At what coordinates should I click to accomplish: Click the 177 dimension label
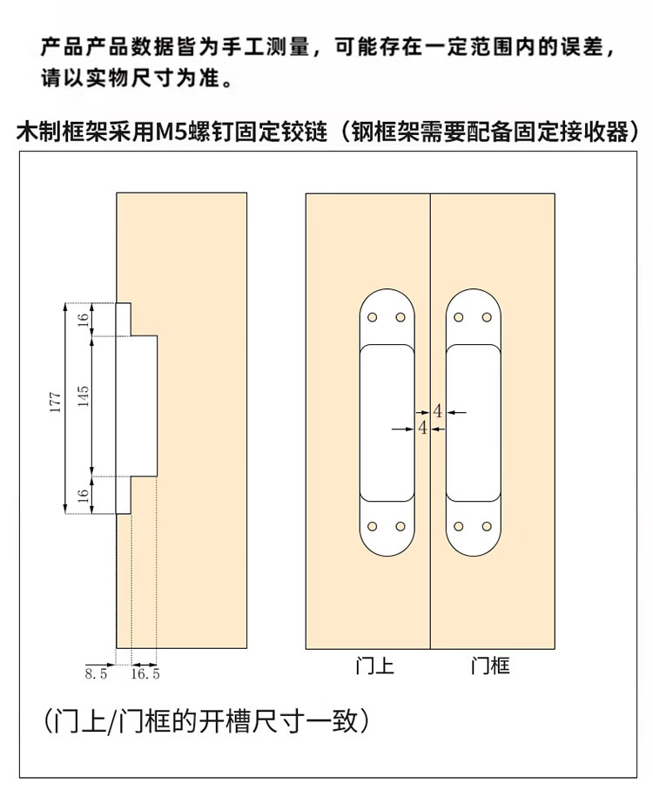[56, 402]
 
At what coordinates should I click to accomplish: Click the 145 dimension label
[83, 396]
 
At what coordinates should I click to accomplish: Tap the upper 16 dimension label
[83, 320]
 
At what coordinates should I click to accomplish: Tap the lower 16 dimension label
[83, 496]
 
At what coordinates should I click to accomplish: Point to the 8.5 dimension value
[96, 673]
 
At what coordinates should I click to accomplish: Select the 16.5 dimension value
[145, 673]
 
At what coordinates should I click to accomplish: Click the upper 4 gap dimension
[437, 411]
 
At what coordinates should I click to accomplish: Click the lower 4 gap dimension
[422, 427]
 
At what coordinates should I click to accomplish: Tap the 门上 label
[374, 666]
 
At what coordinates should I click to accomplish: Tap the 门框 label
[490, 666]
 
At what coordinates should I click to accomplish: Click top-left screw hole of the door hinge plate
[373, 317]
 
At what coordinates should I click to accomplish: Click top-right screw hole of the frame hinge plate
[487, 317]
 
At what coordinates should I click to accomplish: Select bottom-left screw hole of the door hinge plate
[373, 526]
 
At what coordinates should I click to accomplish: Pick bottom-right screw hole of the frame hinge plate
[487, 526]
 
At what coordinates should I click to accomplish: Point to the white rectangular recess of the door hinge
[387, 422]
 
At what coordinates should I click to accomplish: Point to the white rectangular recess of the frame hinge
[473, 422]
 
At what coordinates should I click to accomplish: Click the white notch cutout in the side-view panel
[137, 408]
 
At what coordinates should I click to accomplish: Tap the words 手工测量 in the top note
[266, 47]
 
